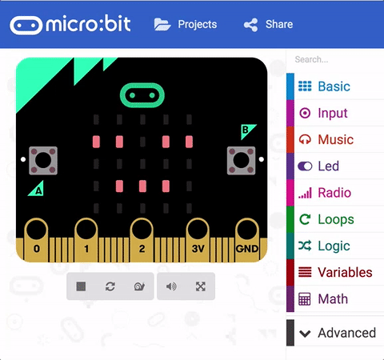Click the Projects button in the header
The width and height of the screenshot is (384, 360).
click(x=186, y=25)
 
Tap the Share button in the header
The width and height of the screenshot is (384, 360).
click(x=268, y=25)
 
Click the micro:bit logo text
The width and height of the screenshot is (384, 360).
click(x=88, y=24)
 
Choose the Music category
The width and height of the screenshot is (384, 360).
click(x=335, y=139)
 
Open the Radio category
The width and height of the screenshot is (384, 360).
click(x=335, y=193)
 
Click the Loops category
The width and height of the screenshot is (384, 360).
click(x=335, y=219)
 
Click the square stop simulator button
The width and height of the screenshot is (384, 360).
click(x=81, y=286)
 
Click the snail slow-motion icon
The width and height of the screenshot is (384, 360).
click(x=139, y=286)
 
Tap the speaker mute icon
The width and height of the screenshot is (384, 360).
click(x=171, y=286)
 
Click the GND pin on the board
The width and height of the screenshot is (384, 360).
click(x=247, y=240)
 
